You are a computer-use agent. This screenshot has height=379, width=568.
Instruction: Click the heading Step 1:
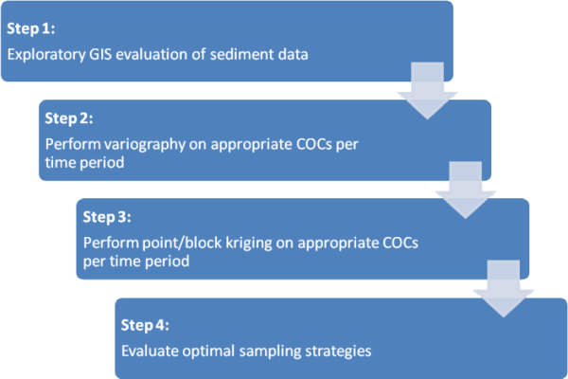[31, 28]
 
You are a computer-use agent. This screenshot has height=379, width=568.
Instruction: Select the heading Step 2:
[69, 118]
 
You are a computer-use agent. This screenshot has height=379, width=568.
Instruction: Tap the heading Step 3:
[107, 217]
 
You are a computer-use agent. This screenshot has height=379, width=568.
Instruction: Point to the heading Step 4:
[145, 325]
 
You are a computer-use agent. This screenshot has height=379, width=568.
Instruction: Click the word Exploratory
[46, 55]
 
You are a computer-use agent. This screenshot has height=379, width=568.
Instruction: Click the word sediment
[241, 54]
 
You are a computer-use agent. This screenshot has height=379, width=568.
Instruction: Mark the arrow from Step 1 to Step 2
[428, 91]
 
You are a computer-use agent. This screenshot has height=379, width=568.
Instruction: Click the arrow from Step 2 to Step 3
[466, 190]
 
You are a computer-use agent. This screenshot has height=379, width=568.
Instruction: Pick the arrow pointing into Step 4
[504, 289]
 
